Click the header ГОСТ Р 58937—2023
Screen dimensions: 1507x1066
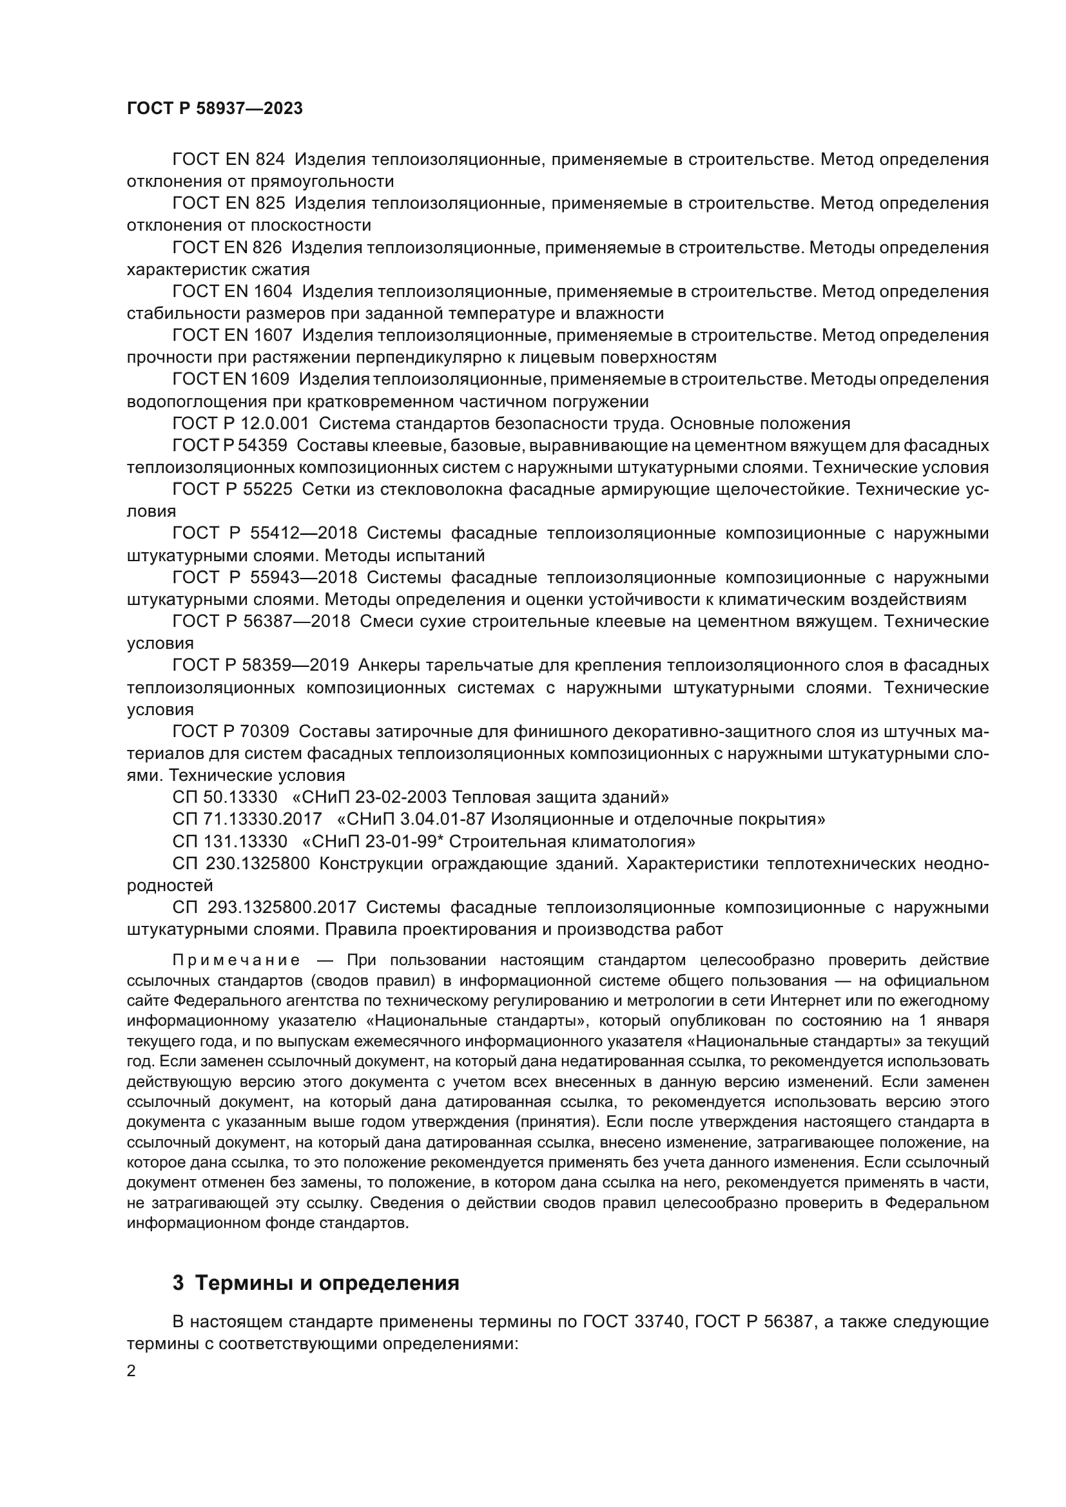(x=215, y=109)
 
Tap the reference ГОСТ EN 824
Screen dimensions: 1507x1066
(x=228, y=160)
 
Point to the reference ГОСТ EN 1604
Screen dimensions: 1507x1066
(x=233, y=291)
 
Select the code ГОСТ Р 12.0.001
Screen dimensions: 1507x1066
(x=240, y=423)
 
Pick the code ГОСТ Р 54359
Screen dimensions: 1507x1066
(x=229, y=446)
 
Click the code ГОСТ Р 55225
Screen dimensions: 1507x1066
(x=233, y=490)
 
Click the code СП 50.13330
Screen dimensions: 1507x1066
(x=225, y=798)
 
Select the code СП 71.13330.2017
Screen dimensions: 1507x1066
(x=247, y=819)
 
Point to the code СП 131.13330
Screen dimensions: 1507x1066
(x=229, y=841)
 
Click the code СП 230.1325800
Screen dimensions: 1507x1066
(x=241, y=864)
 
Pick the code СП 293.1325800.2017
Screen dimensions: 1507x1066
(x=264, y=908)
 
